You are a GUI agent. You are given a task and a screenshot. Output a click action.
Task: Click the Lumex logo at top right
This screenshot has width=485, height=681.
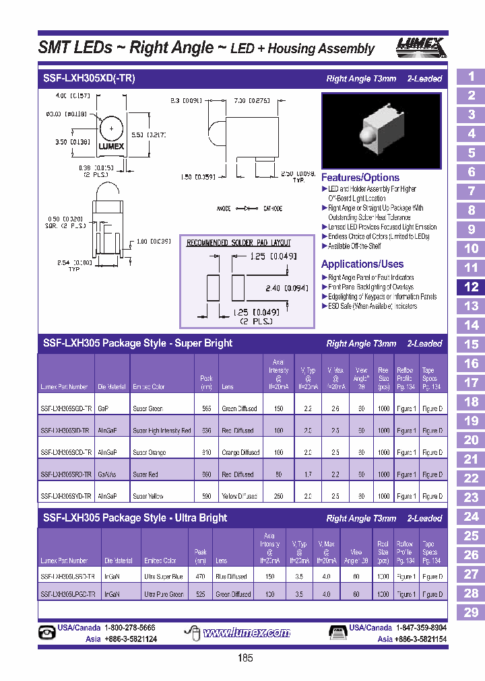(419, 46)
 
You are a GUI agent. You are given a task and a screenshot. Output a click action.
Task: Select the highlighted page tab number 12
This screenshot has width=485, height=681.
(471, 287)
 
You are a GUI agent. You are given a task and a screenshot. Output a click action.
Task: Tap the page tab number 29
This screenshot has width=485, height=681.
(471, 612)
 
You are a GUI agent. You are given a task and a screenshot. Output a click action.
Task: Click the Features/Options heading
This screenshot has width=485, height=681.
(360, 178)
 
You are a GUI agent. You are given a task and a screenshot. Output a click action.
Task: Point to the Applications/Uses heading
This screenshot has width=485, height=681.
(362, 264)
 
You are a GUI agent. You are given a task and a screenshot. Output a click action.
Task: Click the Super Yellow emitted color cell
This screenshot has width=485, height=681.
(148, 497)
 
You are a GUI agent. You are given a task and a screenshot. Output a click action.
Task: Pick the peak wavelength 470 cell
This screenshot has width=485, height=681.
(200, 577)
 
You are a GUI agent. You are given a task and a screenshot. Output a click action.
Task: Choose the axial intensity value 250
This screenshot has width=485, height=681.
(278, 497)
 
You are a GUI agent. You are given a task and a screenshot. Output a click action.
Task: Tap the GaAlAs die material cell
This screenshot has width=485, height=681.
(108, 474)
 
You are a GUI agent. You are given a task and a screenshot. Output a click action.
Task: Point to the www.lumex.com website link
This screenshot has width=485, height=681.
(247, 633)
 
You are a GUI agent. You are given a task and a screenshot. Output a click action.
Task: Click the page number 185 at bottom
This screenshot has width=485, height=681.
(245, 658)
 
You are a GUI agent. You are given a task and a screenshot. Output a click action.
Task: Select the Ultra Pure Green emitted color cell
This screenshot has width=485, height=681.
(164, 594)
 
